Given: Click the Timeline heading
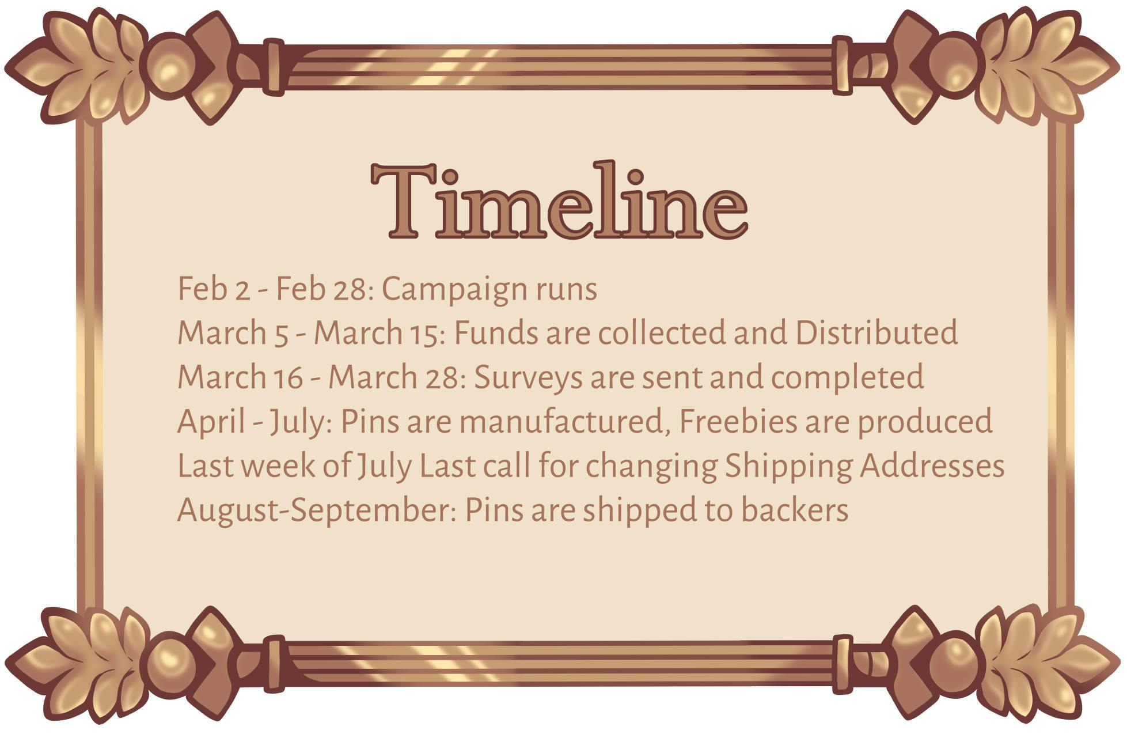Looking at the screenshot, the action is tap(559, 200).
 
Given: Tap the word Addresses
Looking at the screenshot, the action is tap(932, 466).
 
